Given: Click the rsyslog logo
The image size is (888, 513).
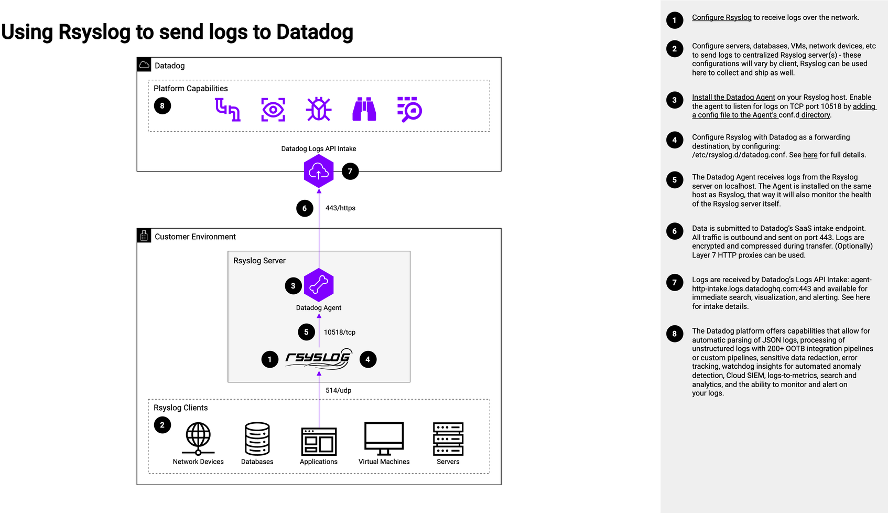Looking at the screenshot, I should coord(318,359).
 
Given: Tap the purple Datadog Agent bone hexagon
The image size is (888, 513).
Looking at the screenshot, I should coord(319,285).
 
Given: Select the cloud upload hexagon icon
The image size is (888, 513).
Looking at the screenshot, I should coord(319,171).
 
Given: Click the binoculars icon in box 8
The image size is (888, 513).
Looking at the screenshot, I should coord(364,109).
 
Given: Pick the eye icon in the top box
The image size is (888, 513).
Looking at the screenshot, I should coord(273,109).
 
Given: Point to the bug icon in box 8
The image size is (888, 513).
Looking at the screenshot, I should coord(319,109).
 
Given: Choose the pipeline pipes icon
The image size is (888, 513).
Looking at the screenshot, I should coord(228,109).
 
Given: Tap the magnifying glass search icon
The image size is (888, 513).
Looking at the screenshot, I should coord(409,109).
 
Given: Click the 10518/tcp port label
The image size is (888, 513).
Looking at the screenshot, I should coord(340,332).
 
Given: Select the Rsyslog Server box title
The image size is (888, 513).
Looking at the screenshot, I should coord(259,261).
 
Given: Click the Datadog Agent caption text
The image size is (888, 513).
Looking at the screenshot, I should coord(319,308).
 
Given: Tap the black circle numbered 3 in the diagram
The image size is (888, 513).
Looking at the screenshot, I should coord(293,286).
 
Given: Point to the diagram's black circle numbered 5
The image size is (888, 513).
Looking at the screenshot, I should coord(306,332).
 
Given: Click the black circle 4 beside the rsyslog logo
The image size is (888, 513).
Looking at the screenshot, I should coord(368,359).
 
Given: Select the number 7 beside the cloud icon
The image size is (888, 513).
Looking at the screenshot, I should coord(350,172).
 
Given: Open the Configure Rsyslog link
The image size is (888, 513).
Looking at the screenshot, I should coord(721,17).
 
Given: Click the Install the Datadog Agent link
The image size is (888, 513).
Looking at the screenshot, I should coord(733,97).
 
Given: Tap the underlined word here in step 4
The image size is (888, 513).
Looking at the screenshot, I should coord(810,155).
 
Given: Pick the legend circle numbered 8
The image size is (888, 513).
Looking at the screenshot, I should coord(675,334).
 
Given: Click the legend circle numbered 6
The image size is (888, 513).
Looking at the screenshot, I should coord(675,231).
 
